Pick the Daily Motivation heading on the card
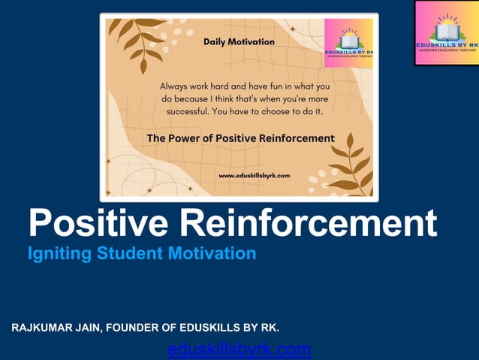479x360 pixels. (x=239, y=42)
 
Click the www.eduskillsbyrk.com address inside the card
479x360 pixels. (x=254, y=175)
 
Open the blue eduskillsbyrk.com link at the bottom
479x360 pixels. (x=239, y=349)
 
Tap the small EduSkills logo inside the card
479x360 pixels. (x=348, y=44)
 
